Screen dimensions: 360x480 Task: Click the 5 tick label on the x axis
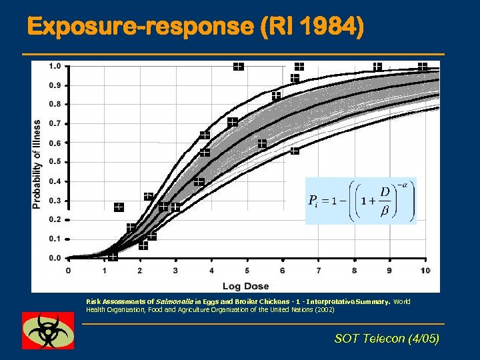tap(247, 270)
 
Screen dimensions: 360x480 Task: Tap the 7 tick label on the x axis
tap(319, 270)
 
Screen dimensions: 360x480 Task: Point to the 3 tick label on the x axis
tap(175, 270)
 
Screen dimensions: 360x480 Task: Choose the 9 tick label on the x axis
tap(390, 270)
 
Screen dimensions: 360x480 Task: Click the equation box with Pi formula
tap(361, 201)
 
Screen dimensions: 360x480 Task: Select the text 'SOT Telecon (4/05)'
tap(387, 339)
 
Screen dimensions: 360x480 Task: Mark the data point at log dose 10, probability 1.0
tap(422, 67)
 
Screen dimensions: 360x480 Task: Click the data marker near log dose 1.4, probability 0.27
tap(118, 207)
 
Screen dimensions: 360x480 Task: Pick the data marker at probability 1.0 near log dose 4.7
tap(238, 66)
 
